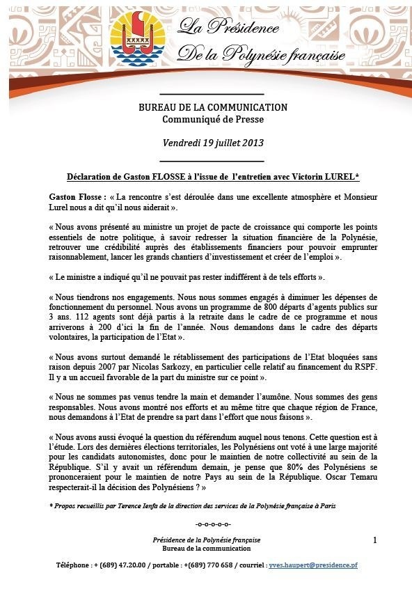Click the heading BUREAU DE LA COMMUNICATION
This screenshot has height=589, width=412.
[x=212, y=108]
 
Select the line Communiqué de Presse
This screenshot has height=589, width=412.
[x=212, y=119]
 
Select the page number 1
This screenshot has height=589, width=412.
[x=374, y=540]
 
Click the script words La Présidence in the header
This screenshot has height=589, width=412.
[x=228, y=28]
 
